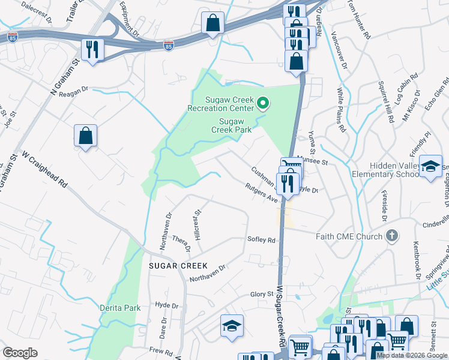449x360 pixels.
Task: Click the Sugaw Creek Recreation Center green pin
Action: (262, 104)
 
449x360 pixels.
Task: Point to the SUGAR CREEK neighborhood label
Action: (175, 265)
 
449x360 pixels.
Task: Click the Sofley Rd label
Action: (261, 240)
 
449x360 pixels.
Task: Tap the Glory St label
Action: (262, 294)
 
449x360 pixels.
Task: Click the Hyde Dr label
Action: (167, 305)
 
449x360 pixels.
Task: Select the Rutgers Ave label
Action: (262, 193)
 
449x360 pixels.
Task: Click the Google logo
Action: (20, 353)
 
